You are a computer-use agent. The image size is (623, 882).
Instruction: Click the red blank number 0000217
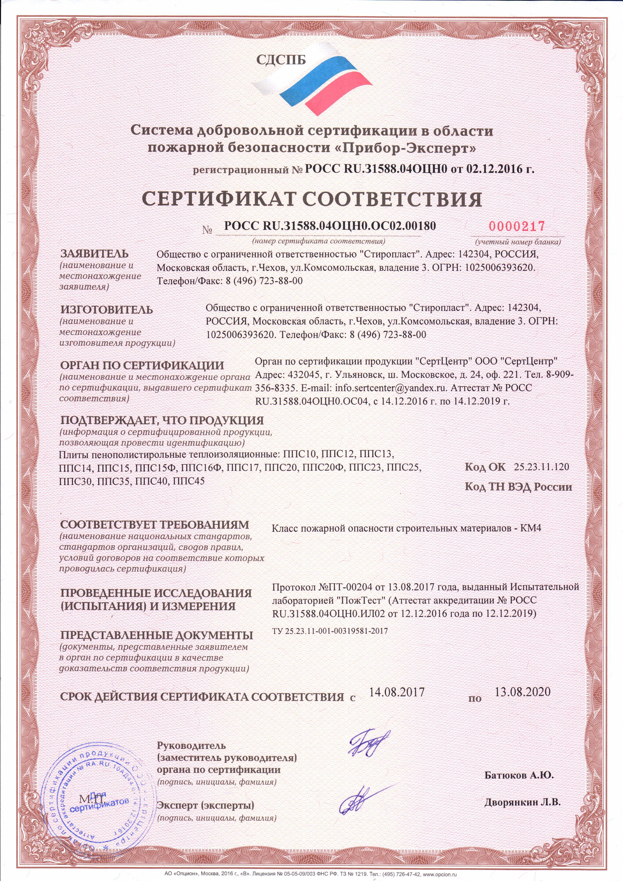[517, 226]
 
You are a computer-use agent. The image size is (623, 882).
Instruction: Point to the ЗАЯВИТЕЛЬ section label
[94, 254]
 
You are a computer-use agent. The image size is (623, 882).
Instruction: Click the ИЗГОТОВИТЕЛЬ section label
[106, 309]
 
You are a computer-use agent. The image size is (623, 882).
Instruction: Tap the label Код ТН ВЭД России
[518, 487]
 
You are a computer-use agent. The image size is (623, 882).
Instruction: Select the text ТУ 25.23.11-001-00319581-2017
[330, 631]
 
